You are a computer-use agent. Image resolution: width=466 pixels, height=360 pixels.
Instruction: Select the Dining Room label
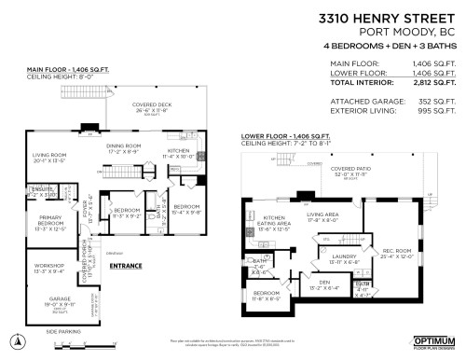coord(123,147)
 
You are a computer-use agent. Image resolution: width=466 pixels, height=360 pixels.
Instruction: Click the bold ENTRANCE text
coord(126,266)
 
